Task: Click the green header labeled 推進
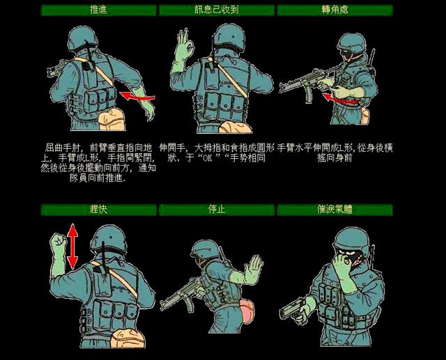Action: coord(98,10)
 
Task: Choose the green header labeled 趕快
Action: coord(98,209)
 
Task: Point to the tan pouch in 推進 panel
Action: coord(109,120)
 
